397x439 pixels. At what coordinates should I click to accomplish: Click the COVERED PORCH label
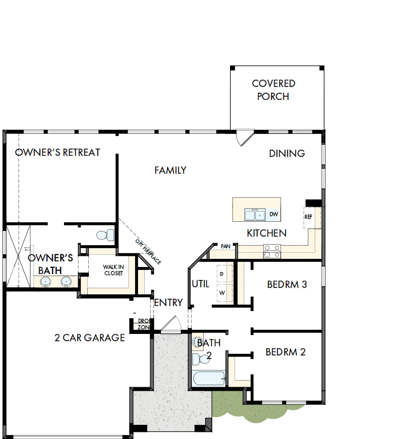click(x=273, y=90)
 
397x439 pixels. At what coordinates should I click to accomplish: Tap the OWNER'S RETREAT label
click(x=57, y=152)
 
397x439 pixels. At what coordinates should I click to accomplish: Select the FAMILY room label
click(x=170, y=171)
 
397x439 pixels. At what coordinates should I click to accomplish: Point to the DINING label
click(x=287, y=153)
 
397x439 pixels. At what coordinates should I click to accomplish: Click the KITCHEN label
click(x=267, y=233)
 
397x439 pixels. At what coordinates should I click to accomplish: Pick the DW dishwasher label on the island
click(x=274, y=215)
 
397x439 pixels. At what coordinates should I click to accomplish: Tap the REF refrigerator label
click(x=308, y=217)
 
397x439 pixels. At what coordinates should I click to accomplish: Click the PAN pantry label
click(x=225, y=246)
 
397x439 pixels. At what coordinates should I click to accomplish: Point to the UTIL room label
click(x=200, y=284)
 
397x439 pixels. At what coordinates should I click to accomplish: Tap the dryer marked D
click(x=221, y=274)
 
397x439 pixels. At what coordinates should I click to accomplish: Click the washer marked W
click(x=221, y=293)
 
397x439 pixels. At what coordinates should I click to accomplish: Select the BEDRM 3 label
click(x=287, y=284)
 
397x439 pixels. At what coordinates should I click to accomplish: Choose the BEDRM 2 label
click(x=285, y=352)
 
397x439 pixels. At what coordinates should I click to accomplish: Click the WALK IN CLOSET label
click(x=113, y=269)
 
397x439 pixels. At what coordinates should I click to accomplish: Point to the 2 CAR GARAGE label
click(x=89, y=337)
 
